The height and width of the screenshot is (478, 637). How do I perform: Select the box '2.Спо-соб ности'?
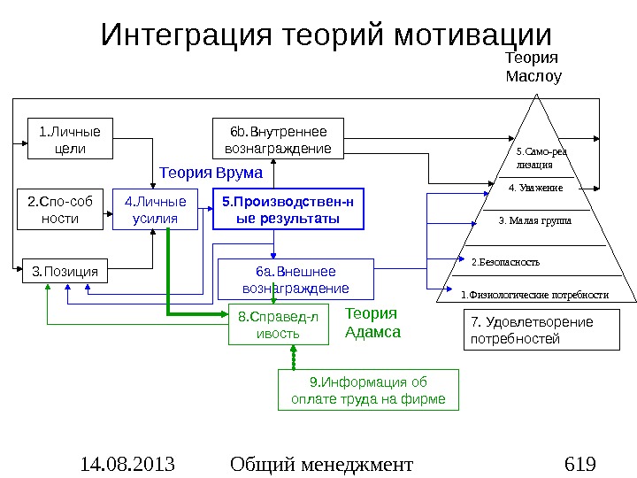pos(60,209)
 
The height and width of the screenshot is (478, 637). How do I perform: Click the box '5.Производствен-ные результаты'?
pos(288,209)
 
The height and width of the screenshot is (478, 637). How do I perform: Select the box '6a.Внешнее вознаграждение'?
pos(295,279)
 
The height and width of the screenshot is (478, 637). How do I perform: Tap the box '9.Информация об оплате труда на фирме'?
pos(368,391)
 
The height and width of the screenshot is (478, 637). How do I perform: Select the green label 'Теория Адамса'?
pos(372,323)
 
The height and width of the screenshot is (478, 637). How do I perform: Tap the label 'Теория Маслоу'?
pos(533,66)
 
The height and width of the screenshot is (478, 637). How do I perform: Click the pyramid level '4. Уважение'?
pos(536,188)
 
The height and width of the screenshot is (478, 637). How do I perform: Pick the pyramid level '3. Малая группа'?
pos(535,220)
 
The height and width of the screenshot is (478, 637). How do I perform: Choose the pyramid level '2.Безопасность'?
pos(504,262)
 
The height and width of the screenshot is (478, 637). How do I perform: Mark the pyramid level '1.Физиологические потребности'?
pos(535,294)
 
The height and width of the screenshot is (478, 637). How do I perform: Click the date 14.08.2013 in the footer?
pos(127,463)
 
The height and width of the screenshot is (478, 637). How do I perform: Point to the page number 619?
pos(579,463)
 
